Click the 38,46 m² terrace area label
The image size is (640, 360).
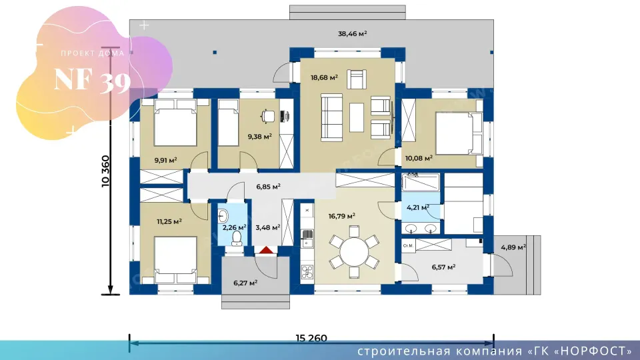(352, 34)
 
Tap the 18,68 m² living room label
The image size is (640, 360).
(324, 77)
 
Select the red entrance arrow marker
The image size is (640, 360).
(266, 250)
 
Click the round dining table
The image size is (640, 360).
(354, 252)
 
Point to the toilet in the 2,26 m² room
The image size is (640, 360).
(237, 239)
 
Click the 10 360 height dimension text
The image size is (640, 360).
(106, 171)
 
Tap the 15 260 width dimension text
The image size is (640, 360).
(311, 338)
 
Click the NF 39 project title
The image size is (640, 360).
(92, 80)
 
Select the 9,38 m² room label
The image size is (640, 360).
(259, 137)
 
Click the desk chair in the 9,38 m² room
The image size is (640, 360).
(268, 116)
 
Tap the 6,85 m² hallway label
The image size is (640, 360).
(268, 187)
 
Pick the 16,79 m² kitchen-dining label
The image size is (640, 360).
(341, 216)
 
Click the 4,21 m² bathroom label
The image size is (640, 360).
(418, 208)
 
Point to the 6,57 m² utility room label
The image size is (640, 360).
(444, 267)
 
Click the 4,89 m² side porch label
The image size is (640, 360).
(513, 247)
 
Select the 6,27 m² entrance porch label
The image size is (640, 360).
(245, 283)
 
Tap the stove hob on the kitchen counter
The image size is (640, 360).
(307, 272)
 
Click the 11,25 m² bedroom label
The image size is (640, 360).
(169, 221)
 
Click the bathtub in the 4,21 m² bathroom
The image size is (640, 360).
(421, 183)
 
